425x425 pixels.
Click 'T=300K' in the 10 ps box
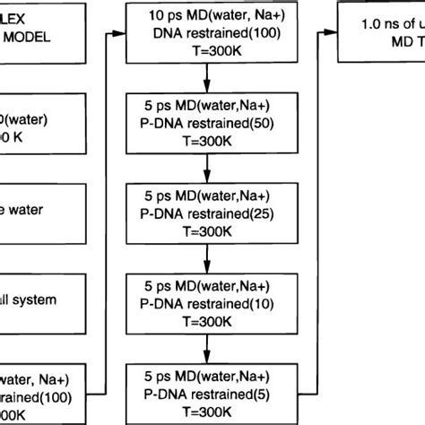207,47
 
